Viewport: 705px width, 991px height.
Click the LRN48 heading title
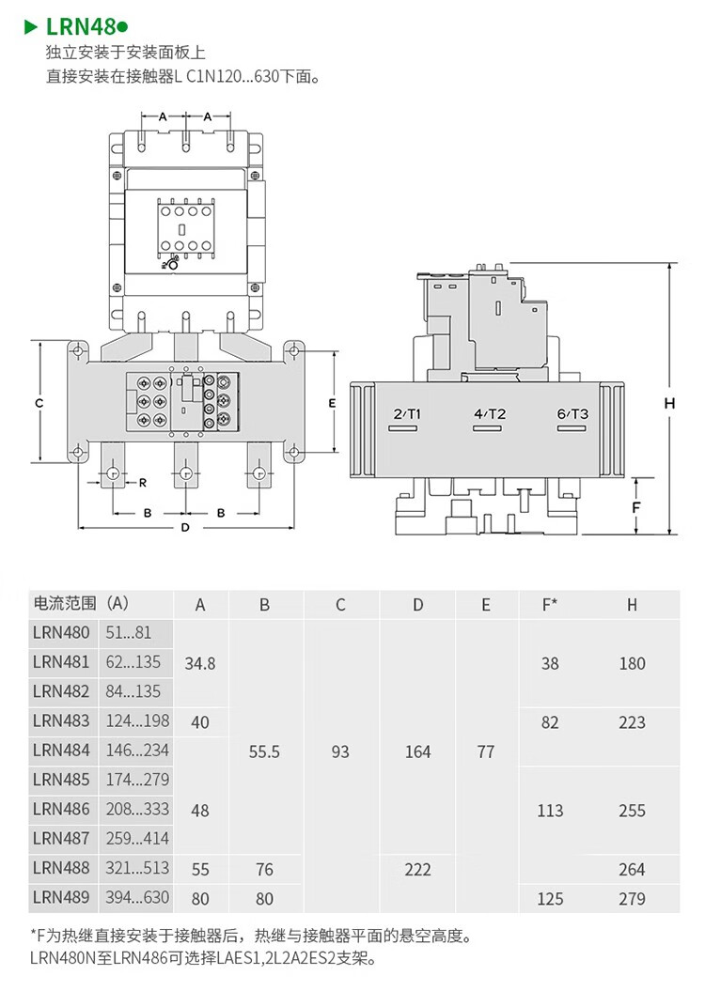(x=81, y=26)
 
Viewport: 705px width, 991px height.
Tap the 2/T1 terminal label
(x=407, y=414)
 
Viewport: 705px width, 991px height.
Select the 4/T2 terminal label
(x=490, y=414)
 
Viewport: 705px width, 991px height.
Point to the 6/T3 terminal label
(x=572, y=414)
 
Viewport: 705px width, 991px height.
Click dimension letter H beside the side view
(x=669, y=403)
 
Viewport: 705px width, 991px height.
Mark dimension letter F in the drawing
(x=636, y=507)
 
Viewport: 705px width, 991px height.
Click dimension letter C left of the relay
(x=39, y=403)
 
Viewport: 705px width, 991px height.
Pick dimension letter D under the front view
(x=185, y=527)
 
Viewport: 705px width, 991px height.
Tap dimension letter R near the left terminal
(x=143, y=483)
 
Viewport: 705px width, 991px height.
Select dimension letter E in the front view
(x=332, y=403)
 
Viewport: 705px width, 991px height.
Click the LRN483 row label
(x=61, y=720)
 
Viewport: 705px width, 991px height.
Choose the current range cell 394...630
(x=137, y=897)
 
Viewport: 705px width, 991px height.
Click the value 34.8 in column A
(x=200, y=663)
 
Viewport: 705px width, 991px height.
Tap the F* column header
(x=550, y=605)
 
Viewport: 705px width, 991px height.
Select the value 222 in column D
(x=417, y=870)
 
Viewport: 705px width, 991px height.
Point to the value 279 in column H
(x=632, y=899)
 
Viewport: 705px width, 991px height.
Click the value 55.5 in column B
(x=264, y=752)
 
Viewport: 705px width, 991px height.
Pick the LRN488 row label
(x=61, y=868)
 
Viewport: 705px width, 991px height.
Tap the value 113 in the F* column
(x=550, y=811)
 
